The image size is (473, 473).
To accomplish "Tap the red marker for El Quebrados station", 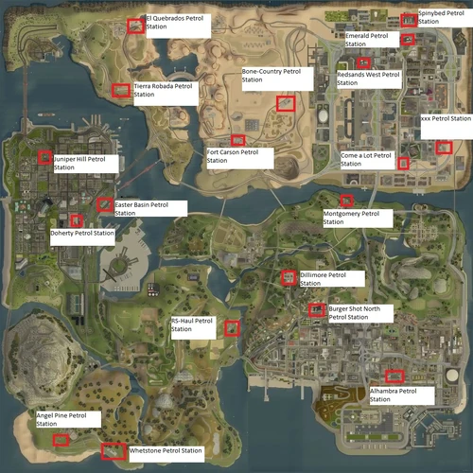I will coord(135,26).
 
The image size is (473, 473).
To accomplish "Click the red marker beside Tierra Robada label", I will coord(120,91).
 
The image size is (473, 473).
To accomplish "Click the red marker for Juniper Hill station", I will coord(44,157).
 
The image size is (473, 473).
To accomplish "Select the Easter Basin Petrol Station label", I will coord(149,208).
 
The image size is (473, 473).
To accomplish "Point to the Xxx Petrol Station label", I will coord(445,119).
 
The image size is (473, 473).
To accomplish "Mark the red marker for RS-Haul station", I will coord(231,327).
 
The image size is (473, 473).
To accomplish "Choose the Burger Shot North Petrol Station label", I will coord(360,313).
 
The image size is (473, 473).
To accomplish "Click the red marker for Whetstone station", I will coord(114,452).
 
